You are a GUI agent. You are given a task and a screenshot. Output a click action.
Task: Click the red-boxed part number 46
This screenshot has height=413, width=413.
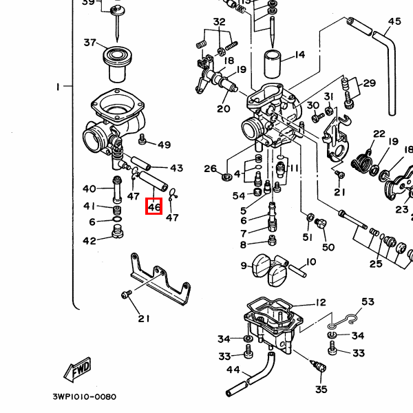[153, 206]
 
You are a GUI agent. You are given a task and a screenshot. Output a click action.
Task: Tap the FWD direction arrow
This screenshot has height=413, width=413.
[77, 370]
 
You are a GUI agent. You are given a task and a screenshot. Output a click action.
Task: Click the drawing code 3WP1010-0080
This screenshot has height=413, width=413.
[84, 397]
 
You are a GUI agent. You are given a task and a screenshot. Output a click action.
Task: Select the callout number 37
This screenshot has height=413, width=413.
[91, 43]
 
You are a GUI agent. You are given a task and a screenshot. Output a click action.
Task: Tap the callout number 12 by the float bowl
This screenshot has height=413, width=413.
[321, 302]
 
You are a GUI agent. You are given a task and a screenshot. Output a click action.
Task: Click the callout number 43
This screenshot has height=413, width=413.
[176, 168]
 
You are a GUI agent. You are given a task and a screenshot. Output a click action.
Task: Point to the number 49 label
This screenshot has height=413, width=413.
[164, 145]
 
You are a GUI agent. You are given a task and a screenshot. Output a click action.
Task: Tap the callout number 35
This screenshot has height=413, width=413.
[321, 390]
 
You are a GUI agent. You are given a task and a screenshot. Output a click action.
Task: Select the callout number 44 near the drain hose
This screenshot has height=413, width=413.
[233, 370]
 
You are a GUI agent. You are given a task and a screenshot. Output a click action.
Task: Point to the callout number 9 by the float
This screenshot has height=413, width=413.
[243, 266]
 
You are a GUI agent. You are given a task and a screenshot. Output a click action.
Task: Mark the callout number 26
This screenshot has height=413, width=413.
[211, 169]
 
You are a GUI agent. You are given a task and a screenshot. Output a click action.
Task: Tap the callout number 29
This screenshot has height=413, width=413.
[370, 83]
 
